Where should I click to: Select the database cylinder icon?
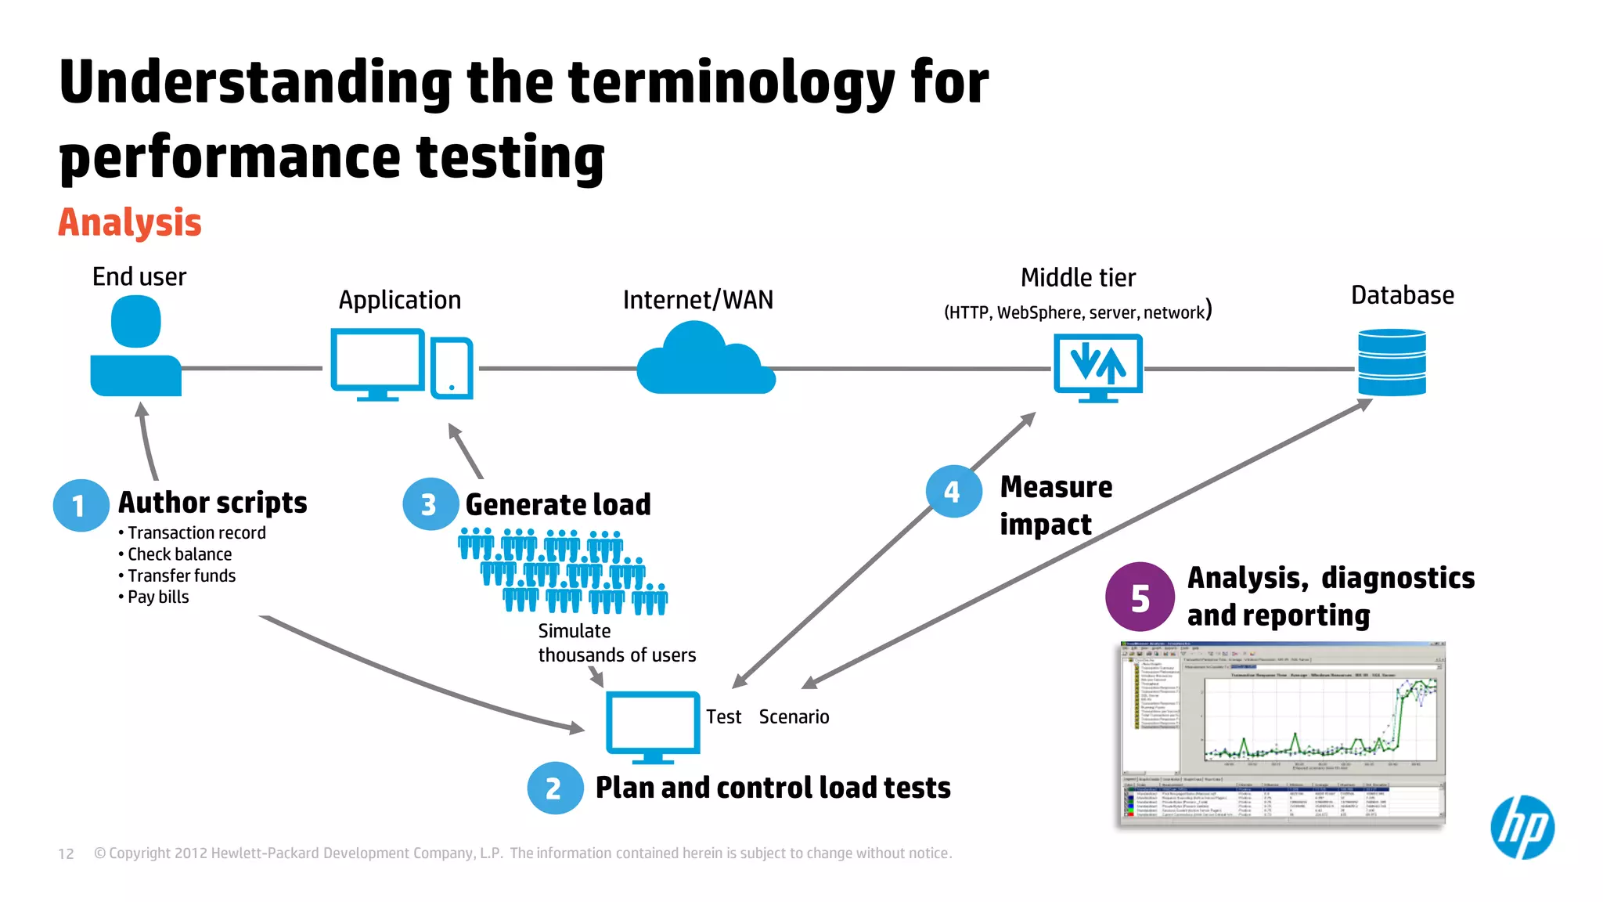[1392, 363]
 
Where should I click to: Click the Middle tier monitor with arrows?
[1097, 365]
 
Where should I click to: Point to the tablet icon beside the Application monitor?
[452, 368]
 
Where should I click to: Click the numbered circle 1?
[81, 506]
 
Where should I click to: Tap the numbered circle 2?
[555, 788]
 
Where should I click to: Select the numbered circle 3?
[430, 504]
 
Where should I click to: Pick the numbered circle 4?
[953, 492]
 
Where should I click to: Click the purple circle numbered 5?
[1140, 597]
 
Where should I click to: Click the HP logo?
[1522, 828]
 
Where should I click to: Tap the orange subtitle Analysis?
[130, 222]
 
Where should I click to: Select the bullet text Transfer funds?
[181, 575]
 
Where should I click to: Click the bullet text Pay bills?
[158, 597]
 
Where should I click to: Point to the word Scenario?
[794, 716]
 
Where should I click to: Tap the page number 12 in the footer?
[66, 853]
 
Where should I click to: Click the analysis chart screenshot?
[1282, 734]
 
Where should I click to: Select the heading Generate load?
[557, 504]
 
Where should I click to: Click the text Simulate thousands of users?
[616, 643]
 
